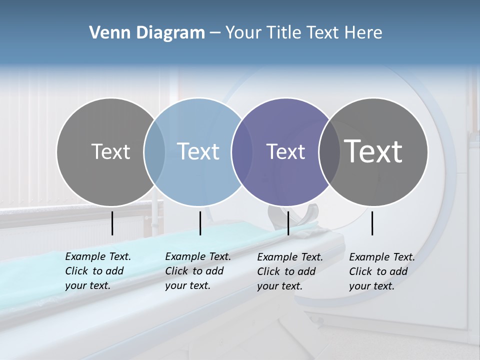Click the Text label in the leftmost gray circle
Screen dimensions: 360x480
pyautogui.click(x=110, y=151)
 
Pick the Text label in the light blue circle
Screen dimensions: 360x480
pyautogui.click(x=198, y=151)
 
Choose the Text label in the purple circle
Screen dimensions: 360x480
pyautogui.click(x=285, y=151)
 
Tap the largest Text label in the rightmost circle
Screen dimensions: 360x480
pyautogui.click(x=373, y=151)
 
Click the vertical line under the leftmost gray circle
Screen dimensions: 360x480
pyautogui.click(x=112, y=223)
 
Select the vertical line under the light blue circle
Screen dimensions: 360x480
pyautogui.click(x=200, y=223)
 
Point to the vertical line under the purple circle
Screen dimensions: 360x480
pyautogui.click(x=288, y=223)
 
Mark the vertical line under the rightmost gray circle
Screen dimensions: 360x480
pyautogui.click(x=372, y=223)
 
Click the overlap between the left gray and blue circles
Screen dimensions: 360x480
pyautogui.click(x=154, y=151)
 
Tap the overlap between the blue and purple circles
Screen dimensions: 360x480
pyautogui.click(x=242, y=151)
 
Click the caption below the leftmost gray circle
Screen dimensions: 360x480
pyautogui.click(x=98, y=271)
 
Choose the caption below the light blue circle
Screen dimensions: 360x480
pyautogui.click(x=198, y=271)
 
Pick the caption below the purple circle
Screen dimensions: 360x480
pyautogui.click(x=290, y=271)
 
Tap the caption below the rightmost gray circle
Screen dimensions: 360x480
pyautogui.click(x=382, y=271)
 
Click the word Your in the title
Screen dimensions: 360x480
pyautogui.click(x=243, y=33)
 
